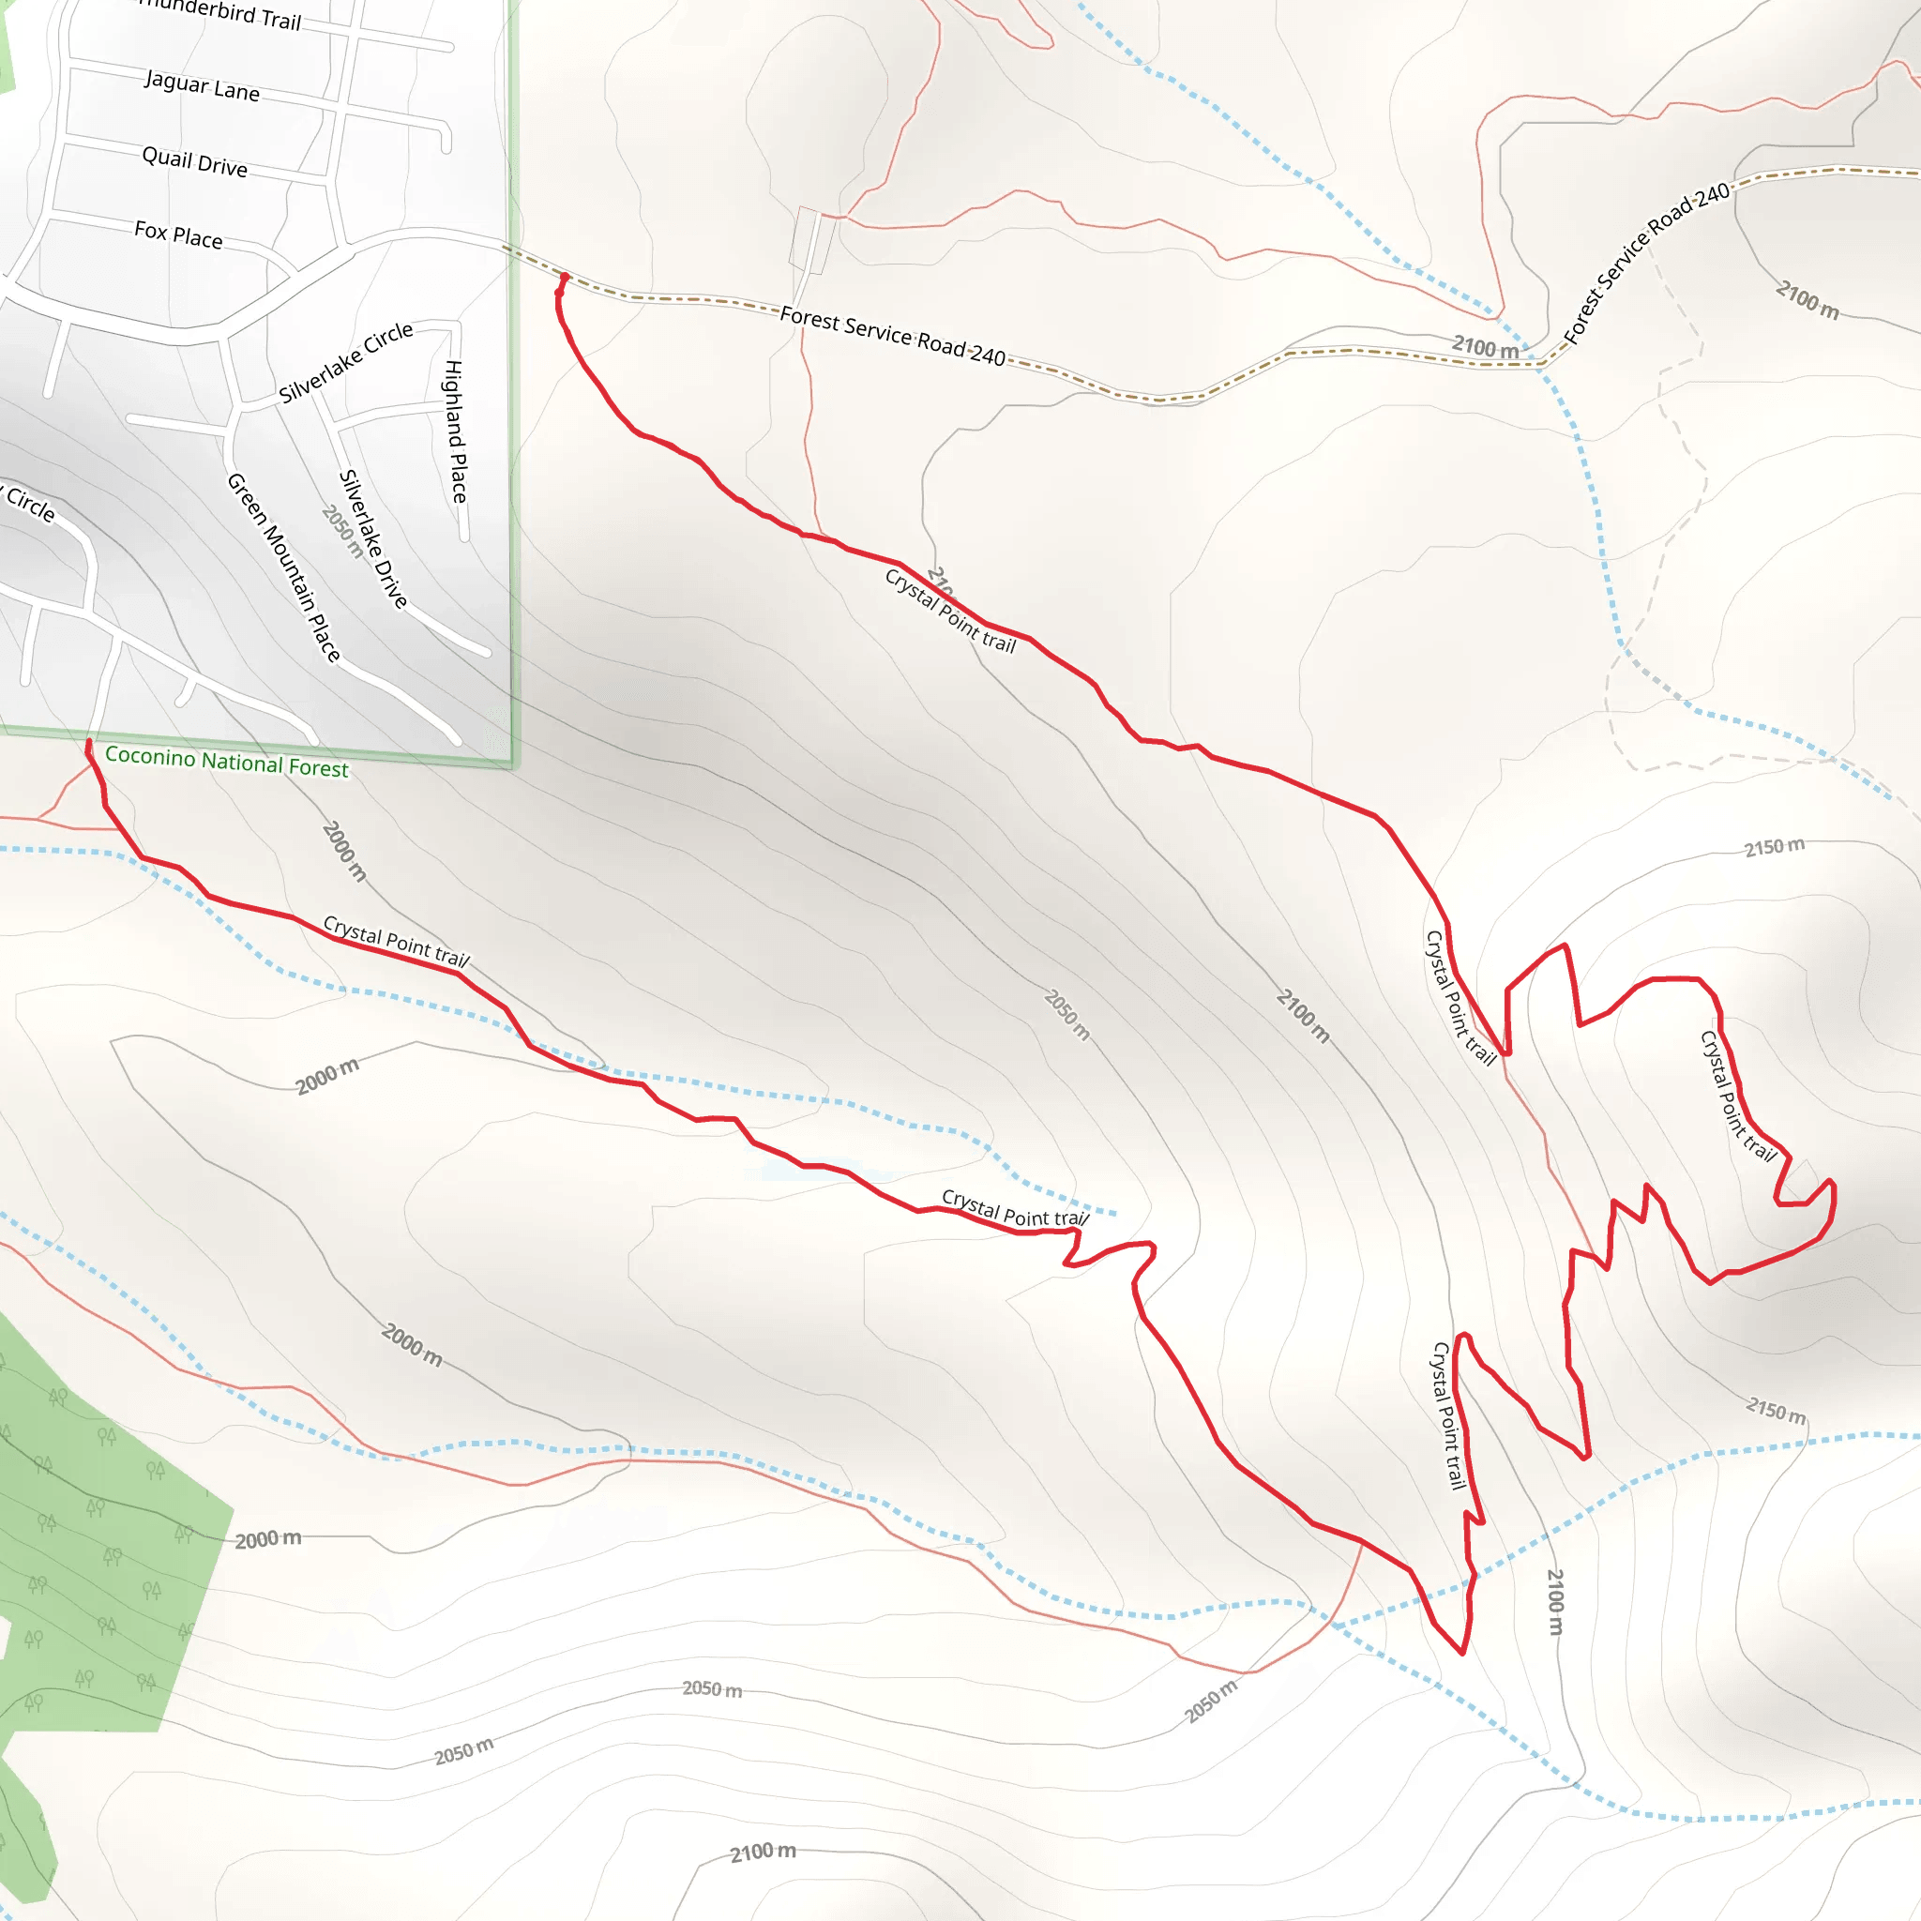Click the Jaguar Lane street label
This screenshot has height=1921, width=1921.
(202, 85)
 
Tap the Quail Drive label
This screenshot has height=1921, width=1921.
(195, 161)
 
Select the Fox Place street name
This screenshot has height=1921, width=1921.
(179, 234)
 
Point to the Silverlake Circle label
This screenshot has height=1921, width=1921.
(345, 362)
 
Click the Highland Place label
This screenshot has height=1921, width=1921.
(454, 431)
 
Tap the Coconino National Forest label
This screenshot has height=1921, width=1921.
(227, 762)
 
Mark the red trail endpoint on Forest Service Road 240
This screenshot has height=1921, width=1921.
(565, 278)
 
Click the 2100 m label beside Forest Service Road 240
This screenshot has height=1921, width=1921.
(1486, 347)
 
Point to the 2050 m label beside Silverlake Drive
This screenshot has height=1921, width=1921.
(342, 531)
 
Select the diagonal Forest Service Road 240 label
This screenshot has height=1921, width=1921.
(1646, 264)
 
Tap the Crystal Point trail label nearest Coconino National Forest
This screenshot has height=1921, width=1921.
(396, 942)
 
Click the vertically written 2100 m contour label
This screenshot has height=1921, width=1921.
(1555, 1601)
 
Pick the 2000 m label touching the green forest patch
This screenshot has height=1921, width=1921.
(268, 1539)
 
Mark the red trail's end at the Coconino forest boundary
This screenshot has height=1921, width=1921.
(89, 743)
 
